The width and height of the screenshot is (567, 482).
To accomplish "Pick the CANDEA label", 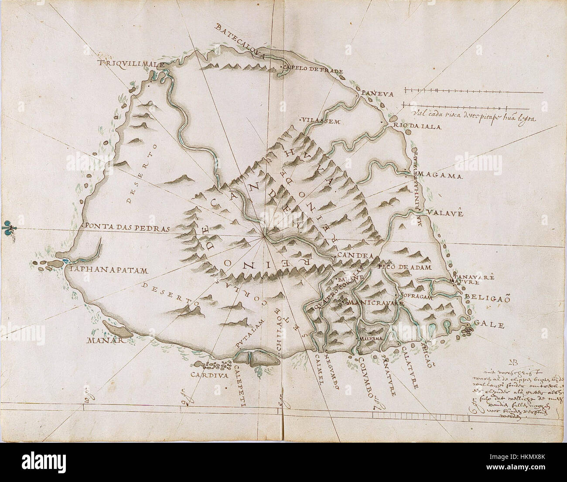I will click(354, 256).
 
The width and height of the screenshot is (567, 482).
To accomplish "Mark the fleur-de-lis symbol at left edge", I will click(7, 227).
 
